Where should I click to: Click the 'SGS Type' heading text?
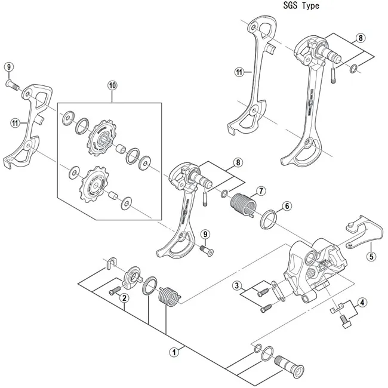(298, 6)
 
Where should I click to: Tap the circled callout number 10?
(113, 85)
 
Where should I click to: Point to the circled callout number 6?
(287, 206)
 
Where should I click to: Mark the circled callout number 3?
(237, 285)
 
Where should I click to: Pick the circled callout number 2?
(124, 298)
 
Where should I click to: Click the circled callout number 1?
(174, 352)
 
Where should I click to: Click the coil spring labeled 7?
(242, 204)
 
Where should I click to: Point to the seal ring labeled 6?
(267, 220)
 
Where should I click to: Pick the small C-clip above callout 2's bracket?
(110, 263)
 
